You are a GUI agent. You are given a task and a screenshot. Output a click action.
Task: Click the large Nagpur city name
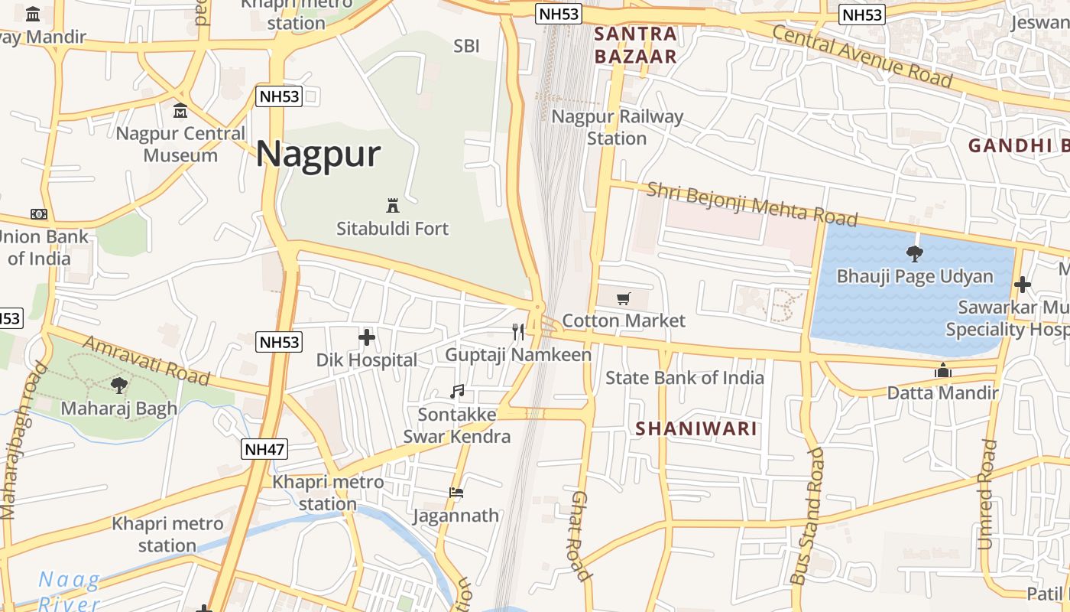point(318,155)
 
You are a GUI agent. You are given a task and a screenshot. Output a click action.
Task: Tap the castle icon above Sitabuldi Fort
point(393,205)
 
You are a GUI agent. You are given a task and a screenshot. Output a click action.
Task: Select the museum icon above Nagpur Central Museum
point(180,112)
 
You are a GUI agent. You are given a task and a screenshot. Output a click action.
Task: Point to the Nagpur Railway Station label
point(617,128)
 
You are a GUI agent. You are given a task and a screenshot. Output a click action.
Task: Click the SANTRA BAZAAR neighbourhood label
point(635,45)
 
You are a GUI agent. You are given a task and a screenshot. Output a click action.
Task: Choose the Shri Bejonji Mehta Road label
point(751,204)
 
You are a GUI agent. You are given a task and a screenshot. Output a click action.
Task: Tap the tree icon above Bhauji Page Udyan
point(914,254)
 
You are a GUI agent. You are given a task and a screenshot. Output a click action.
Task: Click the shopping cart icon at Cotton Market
point(624,298)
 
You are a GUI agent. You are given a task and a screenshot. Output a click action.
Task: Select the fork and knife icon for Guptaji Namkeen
point(518,331)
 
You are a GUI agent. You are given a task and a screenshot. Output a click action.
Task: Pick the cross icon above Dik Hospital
point(367,337)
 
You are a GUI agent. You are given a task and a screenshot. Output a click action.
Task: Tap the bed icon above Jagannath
point(456,493)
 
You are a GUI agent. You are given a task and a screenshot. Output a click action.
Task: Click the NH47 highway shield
point(264,449)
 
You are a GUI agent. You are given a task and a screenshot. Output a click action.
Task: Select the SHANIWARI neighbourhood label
point(696,429)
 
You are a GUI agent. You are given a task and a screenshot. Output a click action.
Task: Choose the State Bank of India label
point(684,378)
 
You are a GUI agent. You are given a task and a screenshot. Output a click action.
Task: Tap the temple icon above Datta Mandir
point(943,371)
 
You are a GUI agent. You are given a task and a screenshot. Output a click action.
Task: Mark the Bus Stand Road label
point(809,516)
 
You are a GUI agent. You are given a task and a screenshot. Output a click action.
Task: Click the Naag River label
point(69,591)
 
